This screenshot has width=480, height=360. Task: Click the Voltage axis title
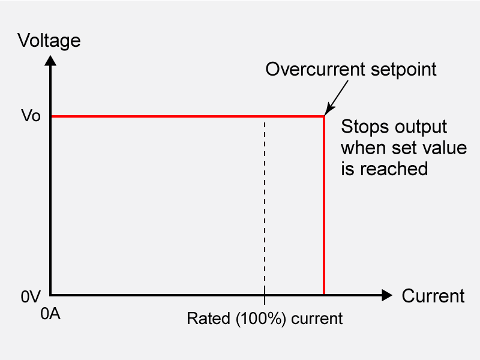(x=49, y=41)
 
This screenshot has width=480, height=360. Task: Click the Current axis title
(x=433, y=296)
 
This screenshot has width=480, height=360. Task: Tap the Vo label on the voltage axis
(x=31, y=116)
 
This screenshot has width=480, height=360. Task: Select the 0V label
(x=30, y=296)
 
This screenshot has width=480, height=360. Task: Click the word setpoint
(x=403, y=70)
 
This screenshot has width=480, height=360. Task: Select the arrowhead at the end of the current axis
(x=386, y=295)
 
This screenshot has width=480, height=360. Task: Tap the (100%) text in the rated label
(x=259, y=317)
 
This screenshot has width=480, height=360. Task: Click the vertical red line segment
(x=324, y=210)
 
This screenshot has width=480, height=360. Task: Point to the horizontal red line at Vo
(x=180, y=116)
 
